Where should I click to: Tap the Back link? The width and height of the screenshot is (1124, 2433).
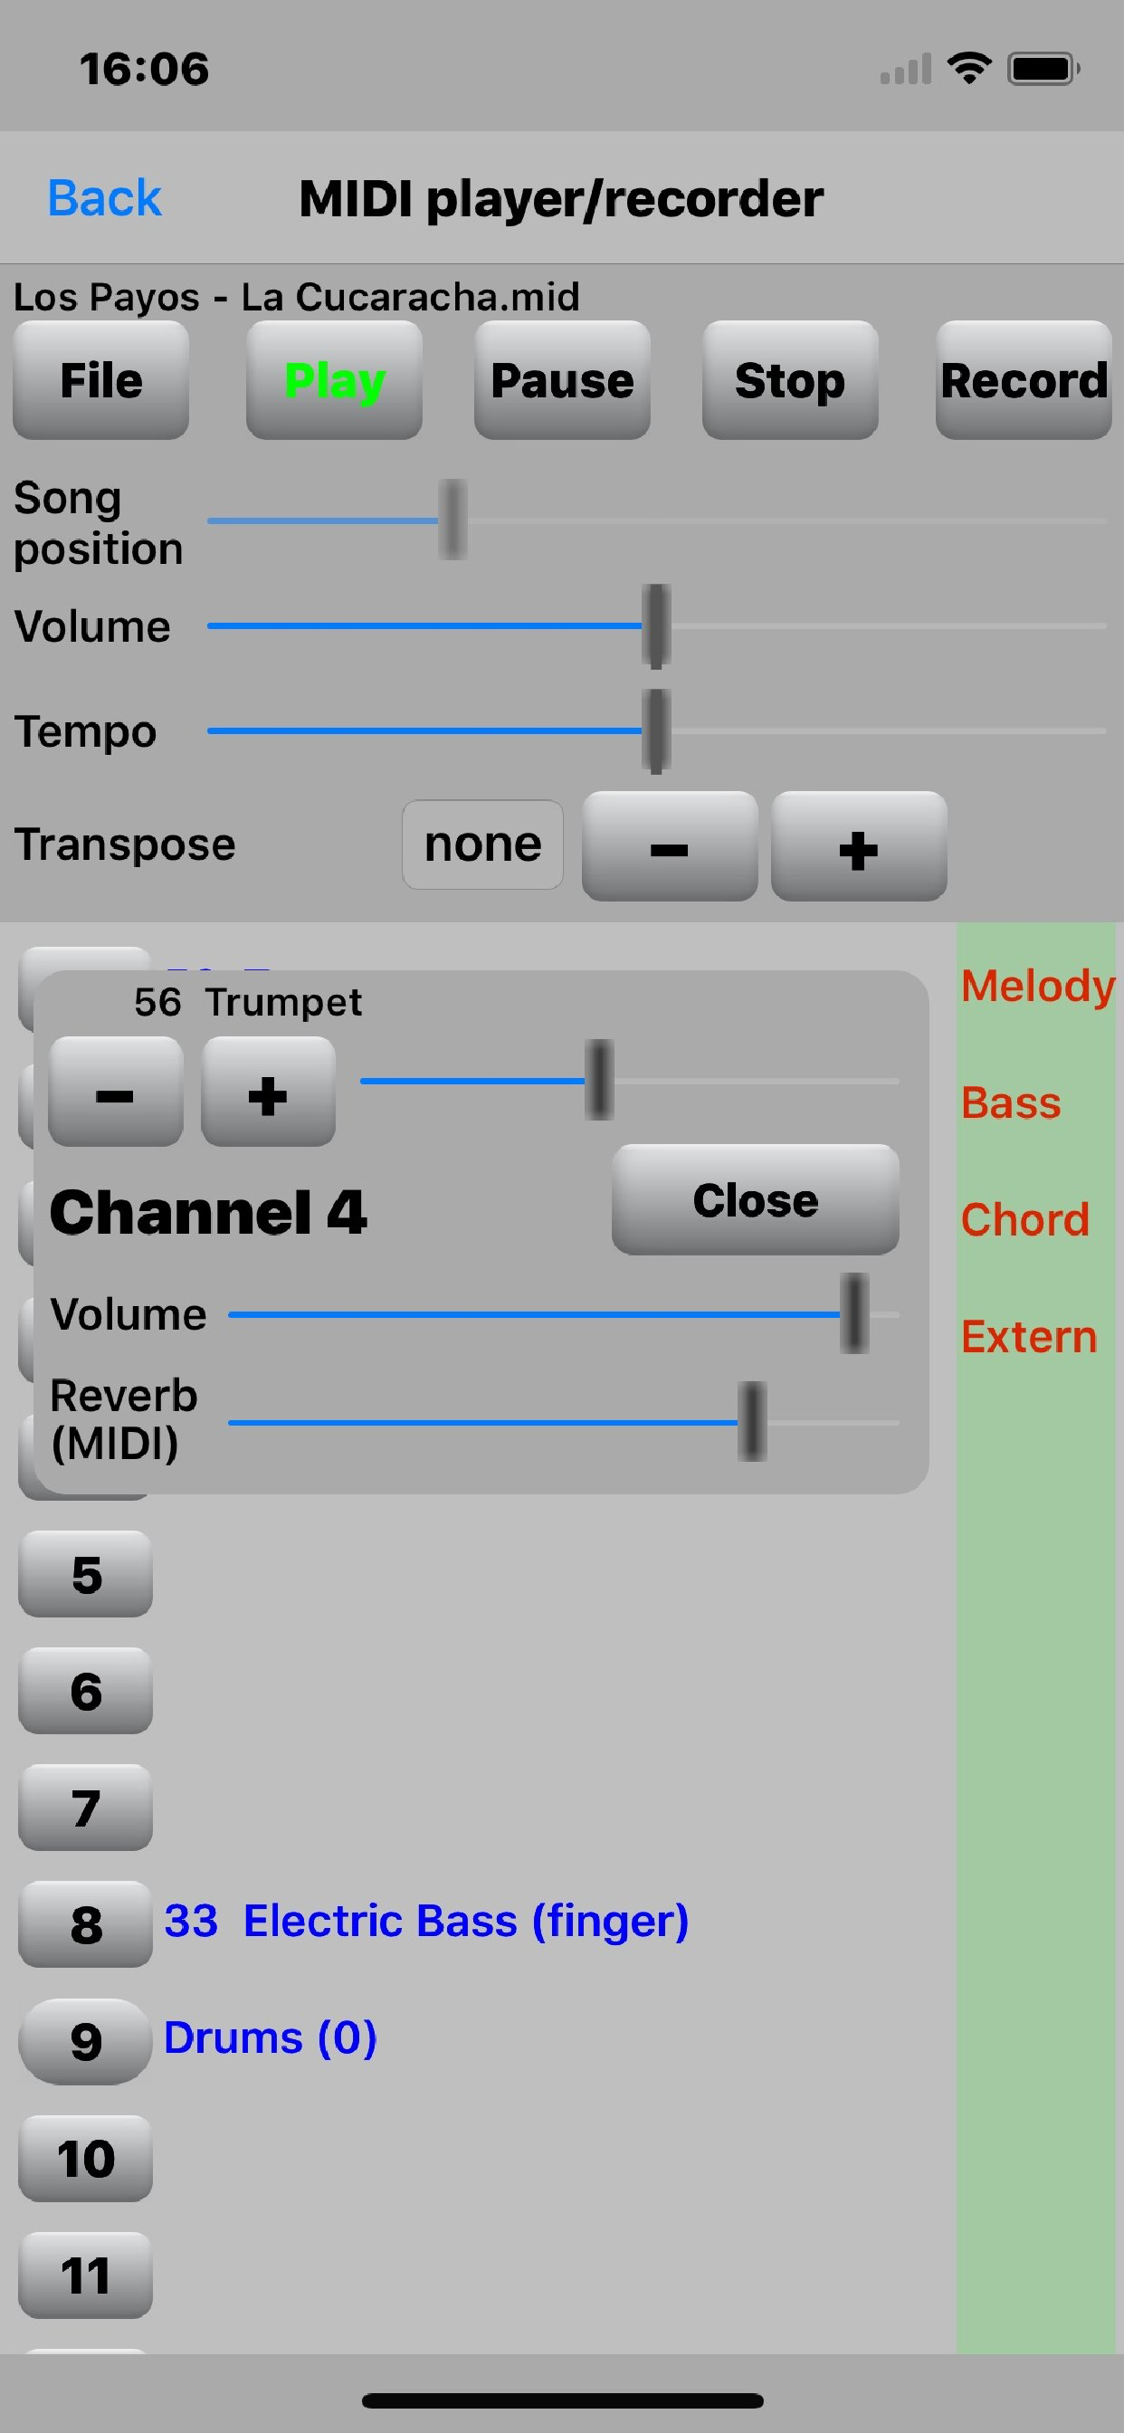coord(104,198)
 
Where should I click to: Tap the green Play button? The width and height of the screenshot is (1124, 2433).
coord(334,381)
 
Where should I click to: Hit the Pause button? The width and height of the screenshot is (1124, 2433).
coord(562,381)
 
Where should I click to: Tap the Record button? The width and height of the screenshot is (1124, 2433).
coord(1023,381)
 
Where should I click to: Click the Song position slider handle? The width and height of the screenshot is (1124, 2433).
coord(452,520)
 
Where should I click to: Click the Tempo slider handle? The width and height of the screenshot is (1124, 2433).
coord(655,730)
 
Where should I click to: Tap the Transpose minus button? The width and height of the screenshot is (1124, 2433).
coord(669,847)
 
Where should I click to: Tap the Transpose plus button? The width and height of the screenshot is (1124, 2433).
coord(859,847)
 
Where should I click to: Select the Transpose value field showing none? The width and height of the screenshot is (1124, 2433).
coord(482,844)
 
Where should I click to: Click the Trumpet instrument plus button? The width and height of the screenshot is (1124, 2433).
coord(268,1092)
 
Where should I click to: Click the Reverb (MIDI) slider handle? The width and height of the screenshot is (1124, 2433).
coord(752,1421)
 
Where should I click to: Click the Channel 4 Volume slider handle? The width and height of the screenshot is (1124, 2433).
coord(854,1313)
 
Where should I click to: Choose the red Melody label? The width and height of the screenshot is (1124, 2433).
coord(1037,986)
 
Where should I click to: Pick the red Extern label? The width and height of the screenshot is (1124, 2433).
coord(1029,1338)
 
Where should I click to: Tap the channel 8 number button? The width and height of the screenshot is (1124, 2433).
coord(86,1924)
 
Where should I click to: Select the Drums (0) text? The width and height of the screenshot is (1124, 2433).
coord(270,2039)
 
